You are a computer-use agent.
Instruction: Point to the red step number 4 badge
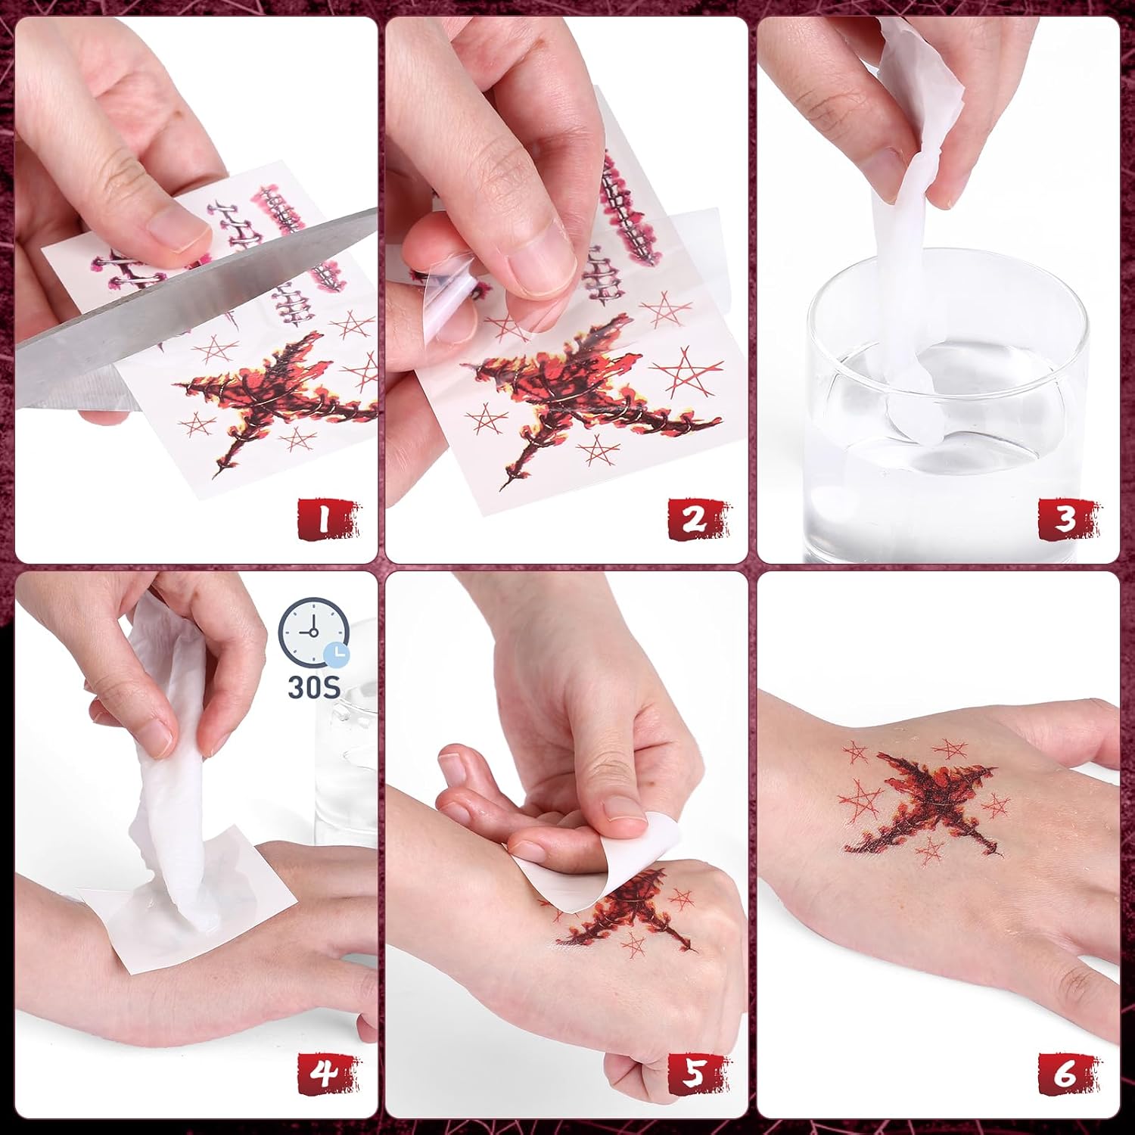pos(328,1073)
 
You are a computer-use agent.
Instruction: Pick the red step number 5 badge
pos(698,1073)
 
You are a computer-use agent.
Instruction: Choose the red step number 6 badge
pos(1068,1073)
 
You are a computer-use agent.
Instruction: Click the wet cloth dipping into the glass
pos(919,250)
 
